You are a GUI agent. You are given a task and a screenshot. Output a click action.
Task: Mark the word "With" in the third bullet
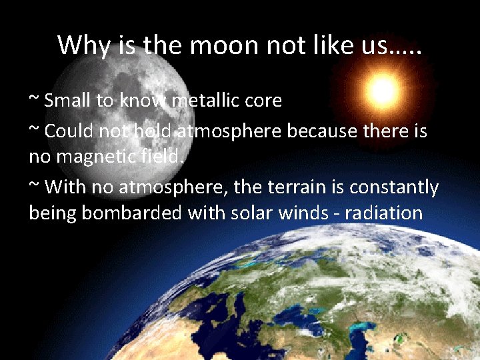tap(65, 187)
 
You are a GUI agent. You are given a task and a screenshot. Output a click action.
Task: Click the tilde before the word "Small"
tap(34, 100)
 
